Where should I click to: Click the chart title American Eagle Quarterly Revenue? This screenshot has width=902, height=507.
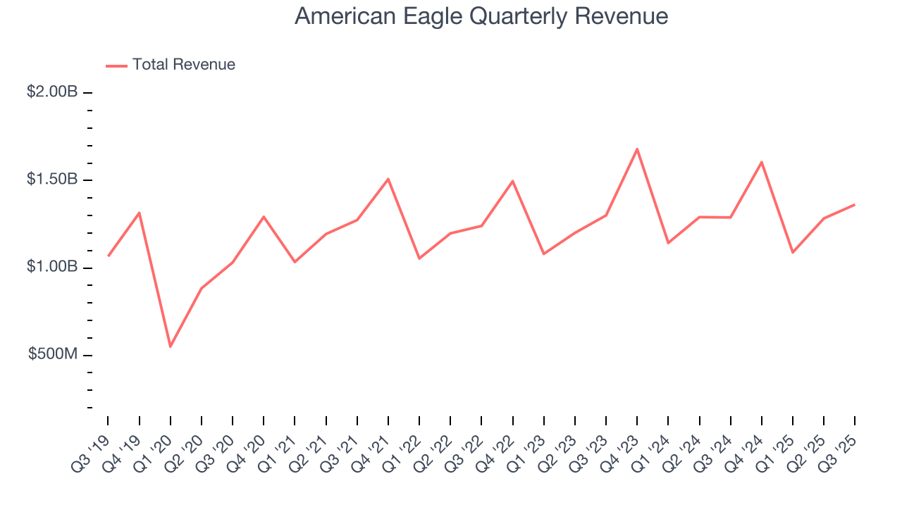click(481, 16)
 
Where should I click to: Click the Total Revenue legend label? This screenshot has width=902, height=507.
click(183, 65)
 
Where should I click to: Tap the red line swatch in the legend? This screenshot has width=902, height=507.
click(116, 65)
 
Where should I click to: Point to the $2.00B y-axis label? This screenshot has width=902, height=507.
click(52, 92)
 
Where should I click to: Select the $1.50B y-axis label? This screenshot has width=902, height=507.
click(52, 180)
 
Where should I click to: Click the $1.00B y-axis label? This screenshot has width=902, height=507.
click(52, 267)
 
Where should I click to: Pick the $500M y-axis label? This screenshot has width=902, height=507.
click(53, 354)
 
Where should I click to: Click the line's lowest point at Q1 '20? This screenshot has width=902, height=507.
click(170, 346)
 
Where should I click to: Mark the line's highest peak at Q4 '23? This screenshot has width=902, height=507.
click(637, 149)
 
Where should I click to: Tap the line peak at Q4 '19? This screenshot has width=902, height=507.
click(139, 213)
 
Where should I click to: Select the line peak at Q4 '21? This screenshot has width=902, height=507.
click(388, 179)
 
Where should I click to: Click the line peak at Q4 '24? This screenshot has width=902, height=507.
click(762, 162)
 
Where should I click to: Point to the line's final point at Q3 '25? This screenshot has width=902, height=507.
click(855, 205)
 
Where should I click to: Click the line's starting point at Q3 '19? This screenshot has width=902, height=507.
click(108, 256)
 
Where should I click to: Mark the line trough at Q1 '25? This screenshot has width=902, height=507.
click(793, 252)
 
